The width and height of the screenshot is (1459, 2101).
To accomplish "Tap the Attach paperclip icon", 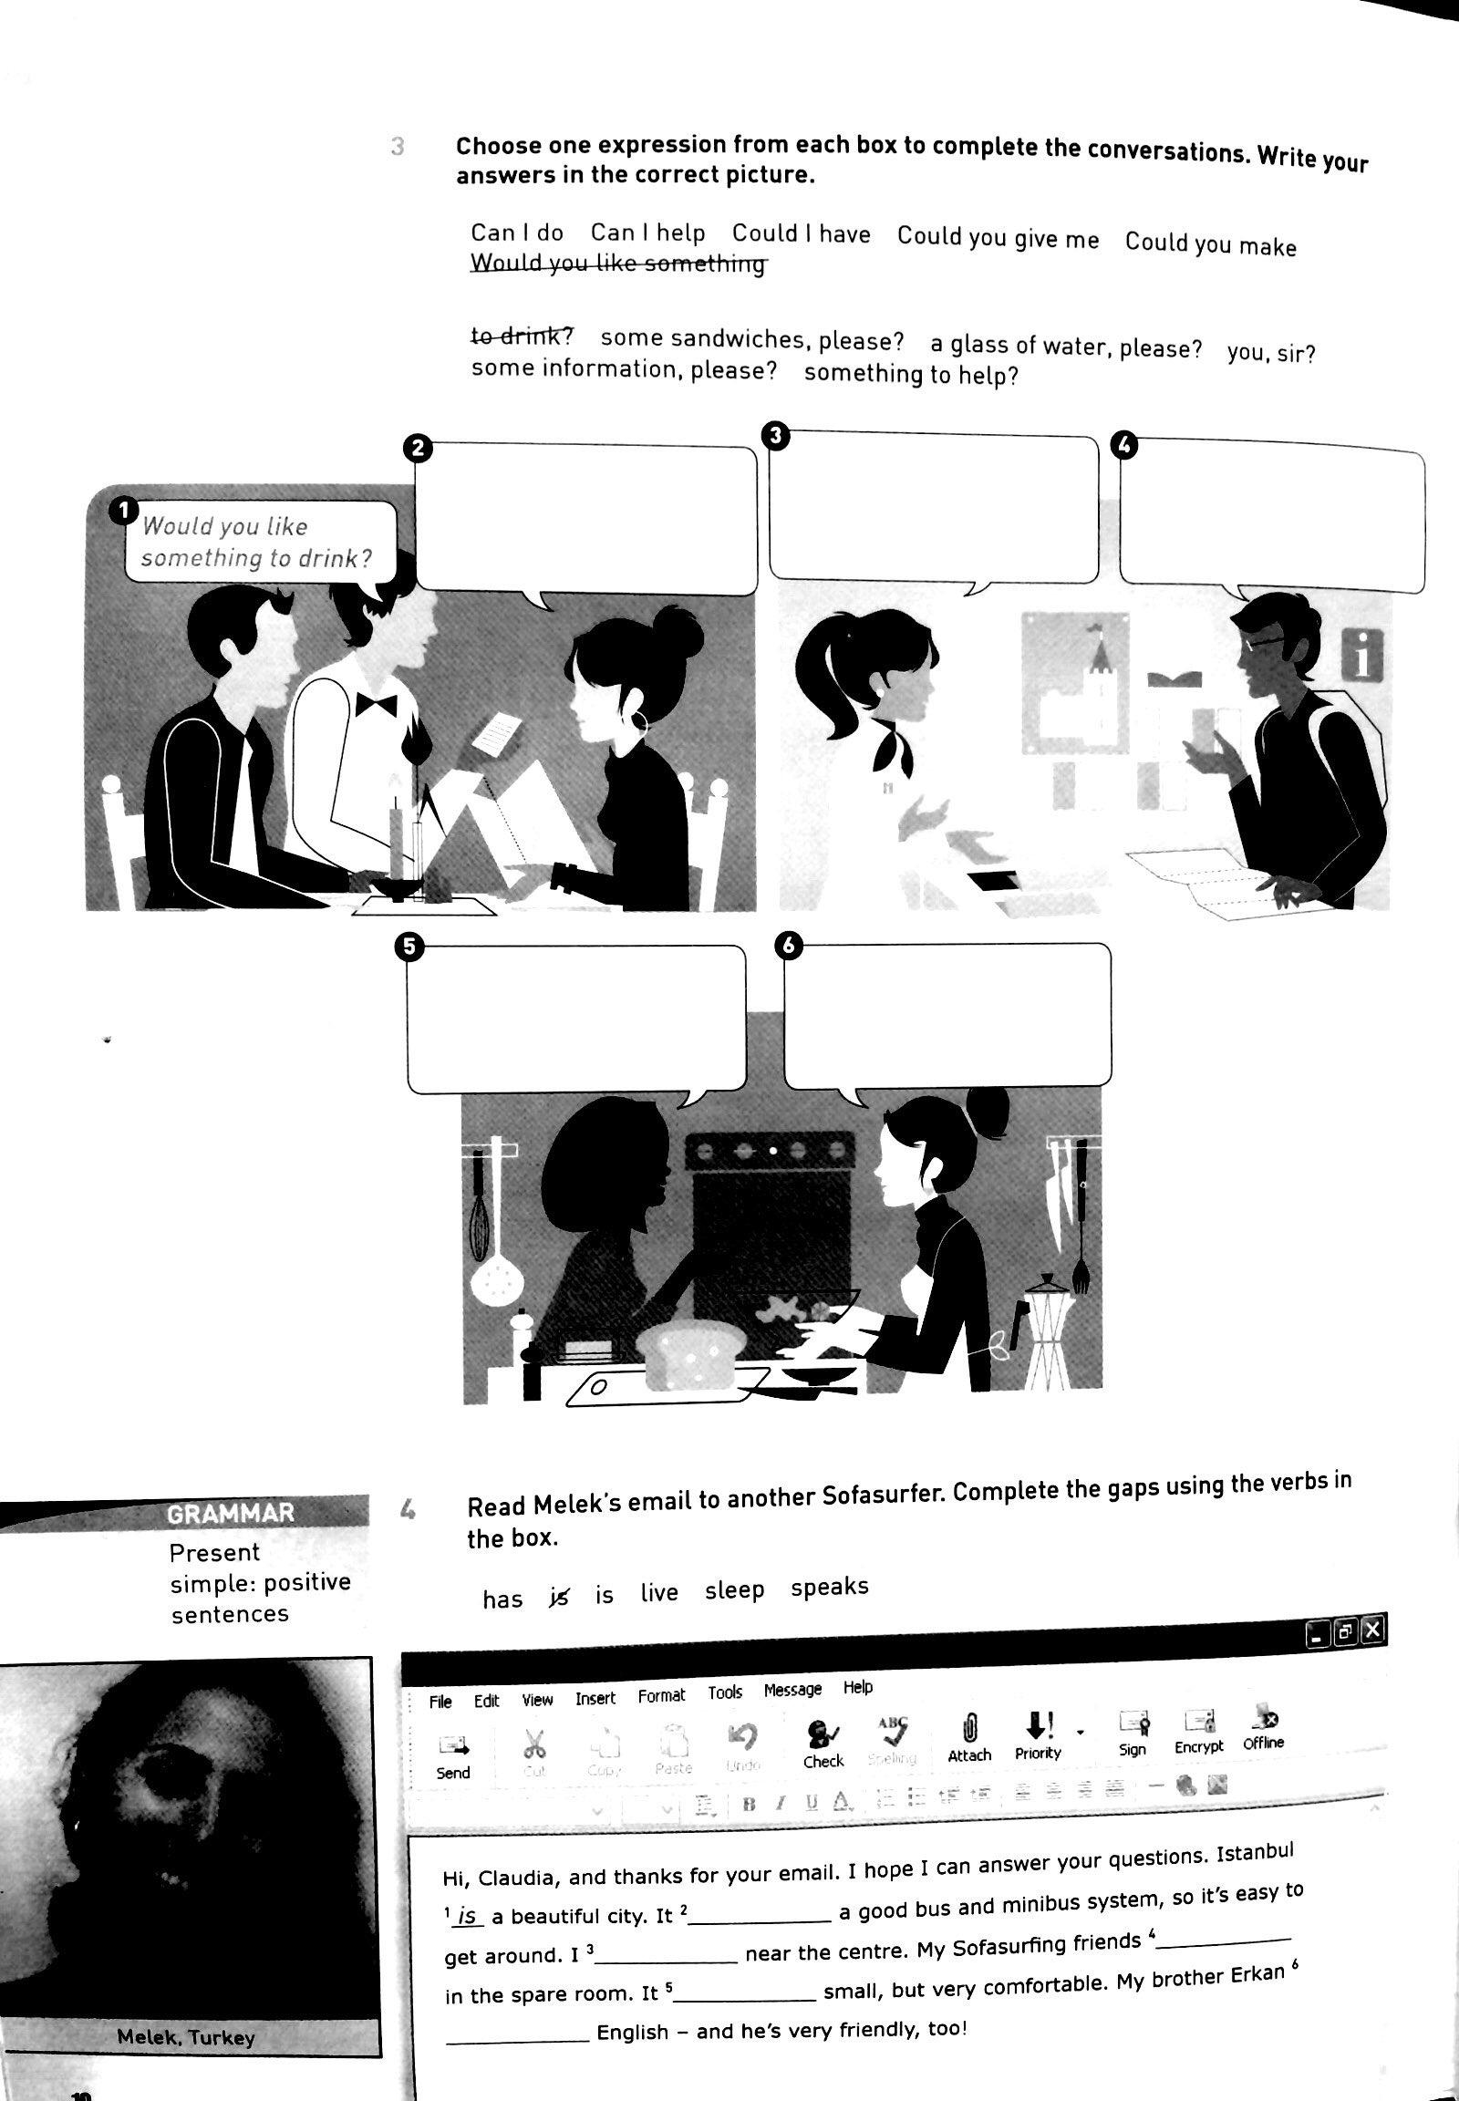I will pyautogui.click(x=969, y=1737).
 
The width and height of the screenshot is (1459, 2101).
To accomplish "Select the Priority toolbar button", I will pyautogui.click(x=1038, y=1736).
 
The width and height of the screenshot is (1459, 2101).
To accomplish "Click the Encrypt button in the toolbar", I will pyautogui.click(x=1198, y=1732).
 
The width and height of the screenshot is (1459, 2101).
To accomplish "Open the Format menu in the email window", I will pyautogui.click(x=661, y=1696).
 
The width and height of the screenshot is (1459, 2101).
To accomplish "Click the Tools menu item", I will pyautogui.click(x=724, y=1692).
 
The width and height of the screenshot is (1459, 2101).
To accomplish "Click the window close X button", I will pyautogui.click(x=1374, y=1629).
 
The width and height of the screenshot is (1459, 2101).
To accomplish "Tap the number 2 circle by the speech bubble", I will pyautogui.click(x=416, y=448).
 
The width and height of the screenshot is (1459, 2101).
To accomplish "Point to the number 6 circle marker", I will pyautogui.click(x=789, y=947).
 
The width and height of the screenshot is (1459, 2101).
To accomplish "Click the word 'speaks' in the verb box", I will pyautogui.click(x=829, y=1587).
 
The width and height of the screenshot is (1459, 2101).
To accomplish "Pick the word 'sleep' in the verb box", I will pyautogui.click(x=734, y=1590).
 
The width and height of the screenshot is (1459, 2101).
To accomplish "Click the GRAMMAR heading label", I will pyautogui.click(x=231, y=1513).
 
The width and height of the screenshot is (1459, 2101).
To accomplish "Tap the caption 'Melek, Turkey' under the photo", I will pyautogui.click(x=186, y=2038).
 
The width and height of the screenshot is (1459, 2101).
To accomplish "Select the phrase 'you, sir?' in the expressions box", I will pyautogui.click(x=1270, y=352).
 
